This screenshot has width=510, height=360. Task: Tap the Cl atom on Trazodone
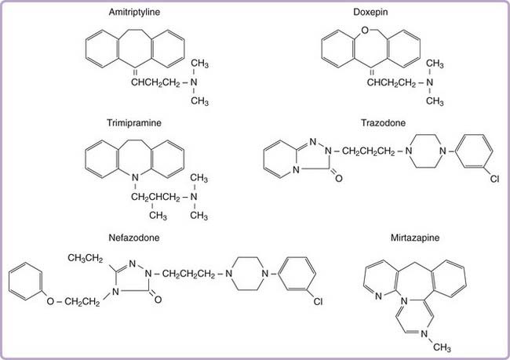tap(494, 179)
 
